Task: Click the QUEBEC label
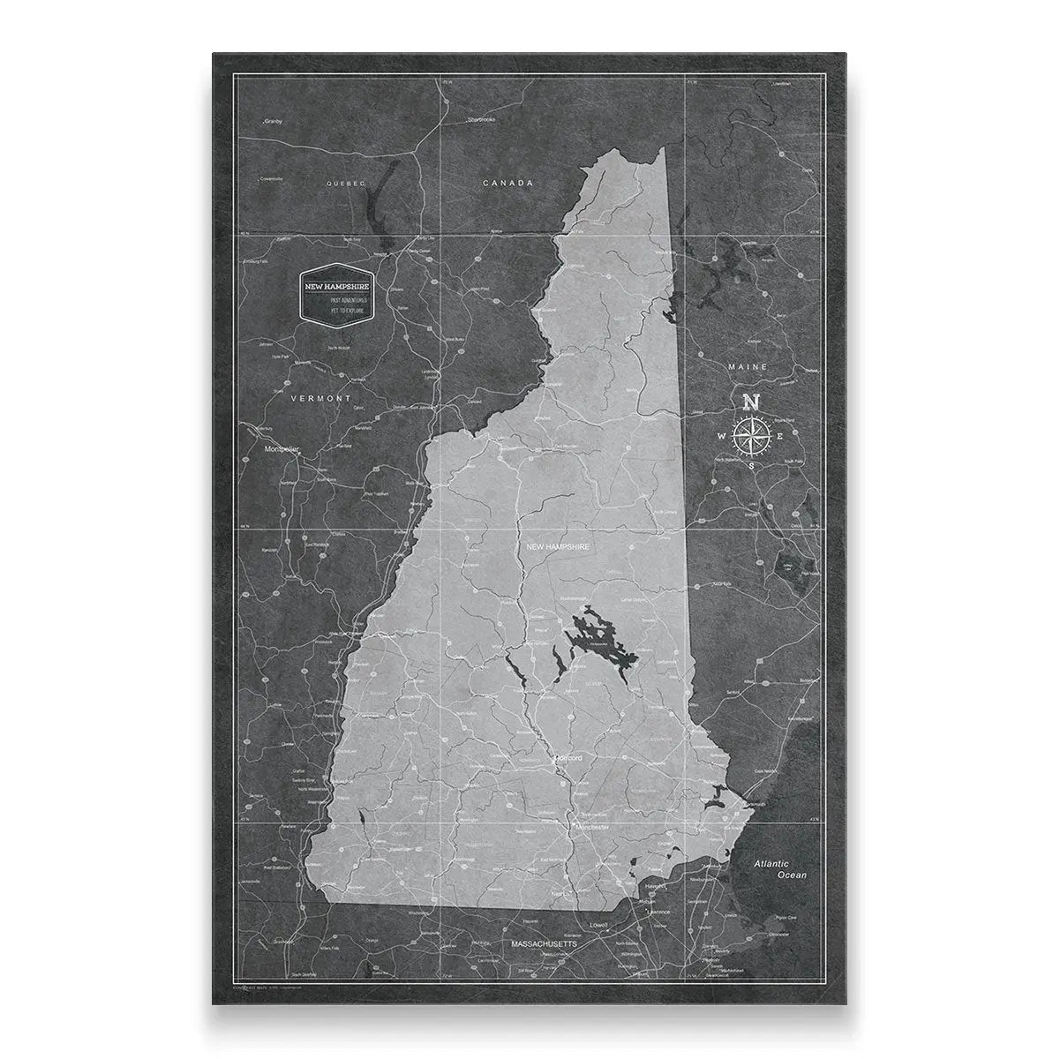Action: [346, 184]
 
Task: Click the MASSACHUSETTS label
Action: [545, 943]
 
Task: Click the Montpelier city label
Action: [282, 449]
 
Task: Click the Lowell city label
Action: [600, 926]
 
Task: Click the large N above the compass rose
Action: [751, 402]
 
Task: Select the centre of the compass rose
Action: [751, 434]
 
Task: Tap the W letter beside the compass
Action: [721, 435]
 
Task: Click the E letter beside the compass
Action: [780, 434]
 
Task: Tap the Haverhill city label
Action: [654, 884]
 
